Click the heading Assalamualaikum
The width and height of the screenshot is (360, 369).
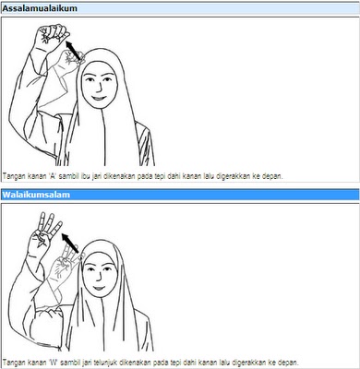pos(40,8)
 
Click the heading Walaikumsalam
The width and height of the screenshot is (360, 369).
pos(36,195)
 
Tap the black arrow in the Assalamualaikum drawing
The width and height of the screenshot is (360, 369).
pos(74,50)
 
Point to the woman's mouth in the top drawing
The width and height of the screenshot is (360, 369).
pos(99,99)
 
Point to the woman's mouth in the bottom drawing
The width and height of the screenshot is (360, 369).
pos(99,289)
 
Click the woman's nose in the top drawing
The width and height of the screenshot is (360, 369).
pos(99,88)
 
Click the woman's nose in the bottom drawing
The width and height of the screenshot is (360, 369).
pos(99,278)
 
